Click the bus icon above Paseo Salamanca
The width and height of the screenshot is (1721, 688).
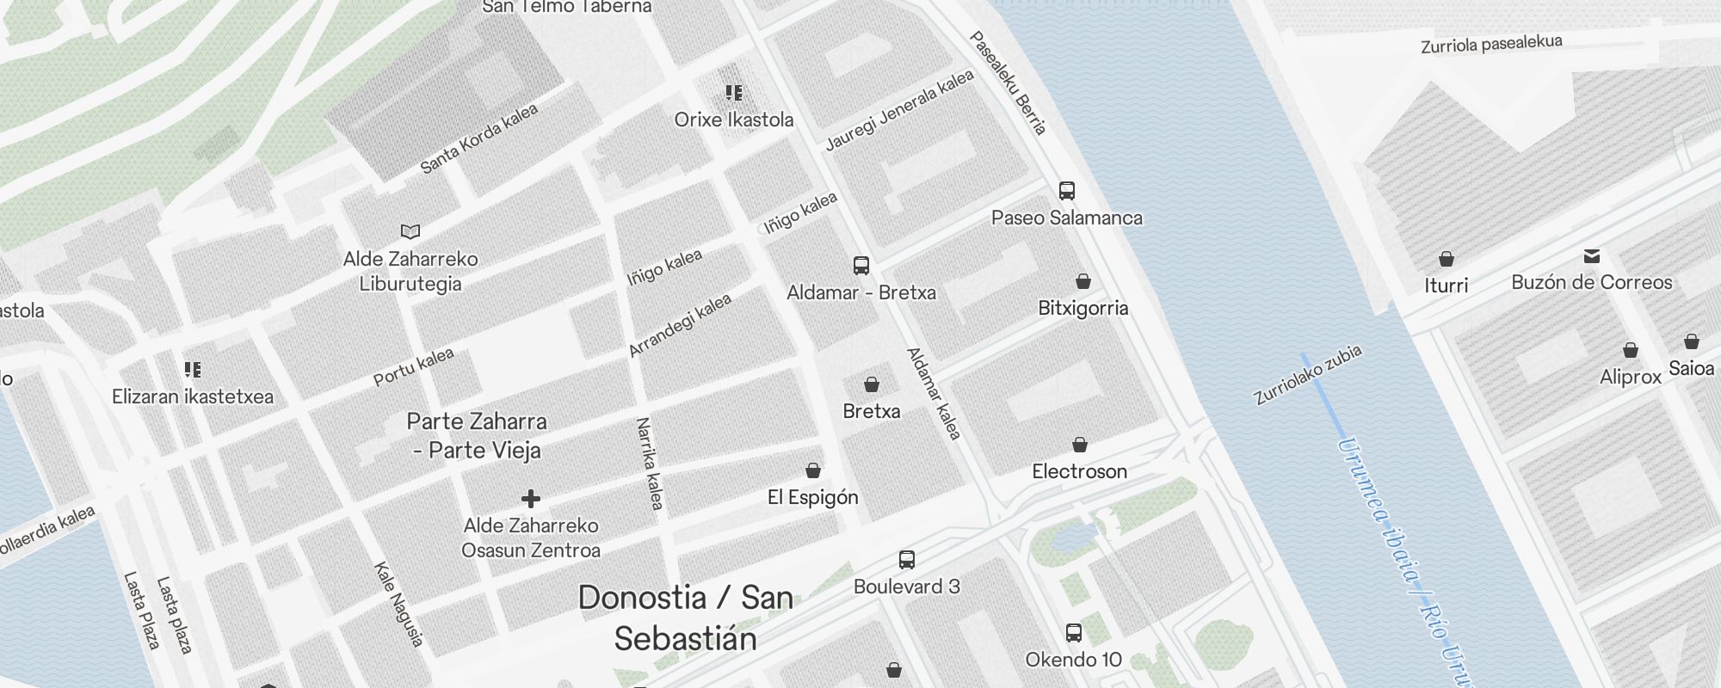coord(1067,191)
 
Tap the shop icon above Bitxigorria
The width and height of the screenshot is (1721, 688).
coord(1083,281)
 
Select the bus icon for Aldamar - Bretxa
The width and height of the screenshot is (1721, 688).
coord(861,266)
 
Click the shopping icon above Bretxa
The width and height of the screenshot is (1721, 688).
coord(872,384)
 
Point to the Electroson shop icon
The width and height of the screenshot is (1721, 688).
coord(1080,445)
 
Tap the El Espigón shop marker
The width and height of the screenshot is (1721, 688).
coord(813,470)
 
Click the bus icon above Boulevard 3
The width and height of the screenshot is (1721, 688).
coord(907,560)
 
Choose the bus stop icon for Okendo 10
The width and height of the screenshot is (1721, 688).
coord(1074,633)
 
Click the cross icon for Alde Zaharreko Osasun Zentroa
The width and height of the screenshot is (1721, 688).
coord(531,499)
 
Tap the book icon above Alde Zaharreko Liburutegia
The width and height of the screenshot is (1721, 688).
coord(410,231)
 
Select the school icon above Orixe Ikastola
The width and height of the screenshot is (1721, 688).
coord(734,93)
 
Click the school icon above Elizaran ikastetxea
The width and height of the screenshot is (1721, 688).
coord(193,370)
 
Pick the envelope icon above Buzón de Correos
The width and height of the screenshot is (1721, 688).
coord(1592,255)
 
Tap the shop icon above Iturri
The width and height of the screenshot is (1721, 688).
coord(1447,259)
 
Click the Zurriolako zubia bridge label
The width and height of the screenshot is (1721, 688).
coord(1307,375)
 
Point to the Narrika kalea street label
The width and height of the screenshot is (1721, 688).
coord(650,464)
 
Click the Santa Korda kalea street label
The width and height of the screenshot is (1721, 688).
coord(479,138)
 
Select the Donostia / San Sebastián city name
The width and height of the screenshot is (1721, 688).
coord(685,618)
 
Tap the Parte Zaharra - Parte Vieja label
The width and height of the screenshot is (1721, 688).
coord(477,436)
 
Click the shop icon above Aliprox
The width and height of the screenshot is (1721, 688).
coord(1631,351)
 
